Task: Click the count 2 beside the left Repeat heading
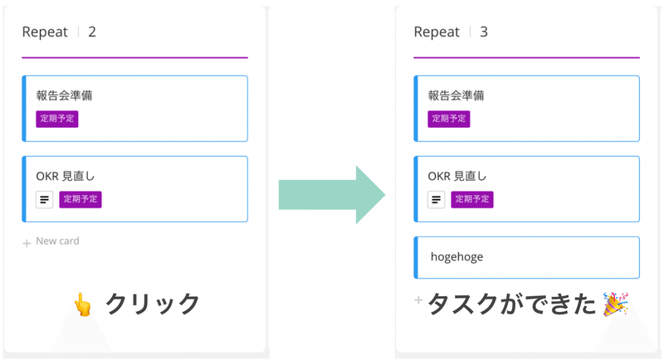pos(92,32)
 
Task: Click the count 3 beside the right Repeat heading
pos(484,32)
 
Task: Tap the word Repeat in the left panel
pos(46,32)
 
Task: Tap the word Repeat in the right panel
pos(437,32)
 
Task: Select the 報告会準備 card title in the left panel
pos(64,95)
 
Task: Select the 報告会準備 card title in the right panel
pos(456,95)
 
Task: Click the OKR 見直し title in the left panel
pos(66,176)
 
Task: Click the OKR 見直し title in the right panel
pos(457,176)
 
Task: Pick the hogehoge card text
pos(456,257)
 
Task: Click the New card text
pos(57,241)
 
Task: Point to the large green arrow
pos(331,195)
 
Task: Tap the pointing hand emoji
pos(83,304)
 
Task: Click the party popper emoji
pos(615,304)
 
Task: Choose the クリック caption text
pos(153,304)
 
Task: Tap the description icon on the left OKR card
pos(44,199)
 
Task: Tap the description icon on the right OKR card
pos(436,199)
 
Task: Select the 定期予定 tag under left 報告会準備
pos(57,119)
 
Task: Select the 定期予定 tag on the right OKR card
pos(472,199)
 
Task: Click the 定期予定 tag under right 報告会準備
pos(449,119)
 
